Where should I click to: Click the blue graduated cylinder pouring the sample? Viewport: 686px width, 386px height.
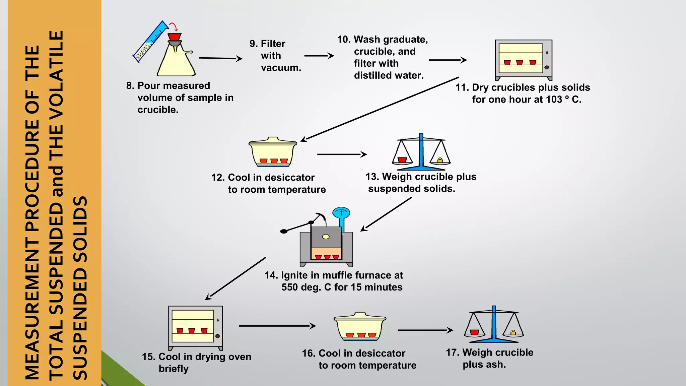point(151,42)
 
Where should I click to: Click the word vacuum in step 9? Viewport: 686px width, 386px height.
point(281,68)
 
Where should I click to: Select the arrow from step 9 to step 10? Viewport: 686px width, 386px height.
point(319,56)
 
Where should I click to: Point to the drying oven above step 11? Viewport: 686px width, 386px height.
point(523,60)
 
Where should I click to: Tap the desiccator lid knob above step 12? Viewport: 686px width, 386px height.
point(273,138)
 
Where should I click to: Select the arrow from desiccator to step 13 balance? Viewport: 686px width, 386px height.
point(342,154)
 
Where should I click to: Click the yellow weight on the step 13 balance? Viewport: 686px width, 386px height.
point(440,160)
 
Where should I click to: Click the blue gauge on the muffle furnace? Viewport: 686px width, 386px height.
point(341,213)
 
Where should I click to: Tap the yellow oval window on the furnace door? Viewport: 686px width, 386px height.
point(326,237)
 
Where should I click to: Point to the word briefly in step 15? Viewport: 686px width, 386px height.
point(174,369)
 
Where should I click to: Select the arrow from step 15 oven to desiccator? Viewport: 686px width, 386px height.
point(277,326)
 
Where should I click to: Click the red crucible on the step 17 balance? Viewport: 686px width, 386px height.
point(474,332)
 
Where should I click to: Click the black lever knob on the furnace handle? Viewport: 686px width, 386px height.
point(284,231)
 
